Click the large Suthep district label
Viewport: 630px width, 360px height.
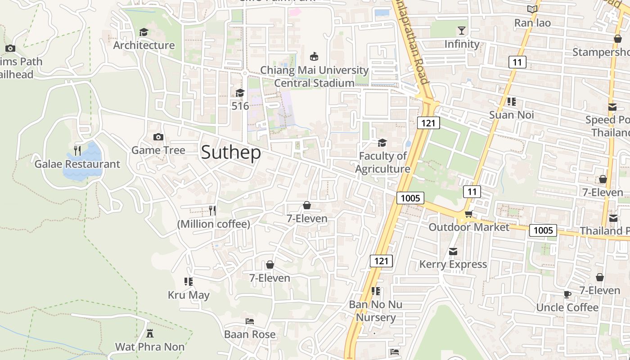click(x=231, y=153)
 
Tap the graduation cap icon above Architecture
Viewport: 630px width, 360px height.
click(x=144, y=32)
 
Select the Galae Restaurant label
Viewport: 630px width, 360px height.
click(x=77, y=164)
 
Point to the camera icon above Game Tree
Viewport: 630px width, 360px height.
click(x=158, y=137)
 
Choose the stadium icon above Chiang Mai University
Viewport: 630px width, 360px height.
click(x=314, y=57)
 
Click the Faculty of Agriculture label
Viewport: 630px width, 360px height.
click(x=383, y=162)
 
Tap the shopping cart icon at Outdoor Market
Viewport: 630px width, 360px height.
click(x=468, y=214)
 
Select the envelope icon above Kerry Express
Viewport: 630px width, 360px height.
click(x=453, y=251)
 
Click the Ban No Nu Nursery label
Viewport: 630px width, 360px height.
click(x=376, y=311)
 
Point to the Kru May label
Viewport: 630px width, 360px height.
click(x=189, y=295)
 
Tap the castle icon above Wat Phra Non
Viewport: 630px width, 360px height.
click(x=150, y=333)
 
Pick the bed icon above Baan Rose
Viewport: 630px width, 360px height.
click(x=250, y=321)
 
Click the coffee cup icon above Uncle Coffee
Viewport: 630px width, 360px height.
click(x=567, y=295)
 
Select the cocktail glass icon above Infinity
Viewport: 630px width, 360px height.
click(x=462, y=31)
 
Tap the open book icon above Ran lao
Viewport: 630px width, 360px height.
click(x=532, y=9)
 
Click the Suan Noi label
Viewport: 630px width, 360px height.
click(x=512, y=115)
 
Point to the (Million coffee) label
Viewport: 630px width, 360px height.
click(x=214, y=224)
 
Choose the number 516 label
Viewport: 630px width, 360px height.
click(x=240, y=106)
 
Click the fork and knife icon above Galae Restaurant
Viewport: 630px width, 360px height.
click(x=77, y=151)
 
